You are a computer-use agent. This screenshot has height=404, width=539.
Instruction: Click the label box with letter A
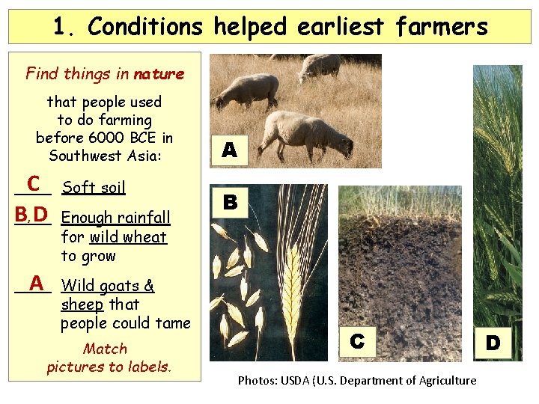[230, 150]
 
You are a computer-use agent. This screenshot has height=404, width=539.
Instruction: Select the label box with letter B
[230, 201]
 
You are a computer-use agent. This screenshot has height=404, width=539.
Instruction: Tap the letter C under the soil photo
[357, 341]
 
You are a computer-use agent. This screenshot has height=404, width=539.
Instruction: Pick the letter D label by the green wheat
[493, 343]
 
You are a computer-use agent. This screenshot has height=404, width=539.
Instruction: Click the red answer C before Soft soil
[33, 183]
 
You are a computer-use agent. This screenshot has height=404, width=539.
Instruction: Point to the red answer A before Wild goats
[34, 283]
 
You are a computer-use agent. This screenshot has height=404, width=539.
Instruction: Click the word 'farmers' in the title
[442, 27]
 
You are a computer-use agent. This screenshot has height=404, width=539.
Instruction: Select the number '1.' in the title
[65, 27]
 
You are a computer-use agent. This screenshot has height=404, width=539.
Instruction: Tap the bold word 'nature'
[159, 74]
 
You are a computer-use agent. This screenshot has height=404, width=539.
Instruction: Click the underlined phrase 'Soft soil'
[94, 188]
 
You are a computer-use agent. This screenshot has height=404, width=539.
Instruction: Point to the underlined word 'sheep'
[82, 304]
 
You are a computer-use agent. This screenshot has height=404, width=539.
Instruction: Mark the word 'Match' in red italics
[106, 349]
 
